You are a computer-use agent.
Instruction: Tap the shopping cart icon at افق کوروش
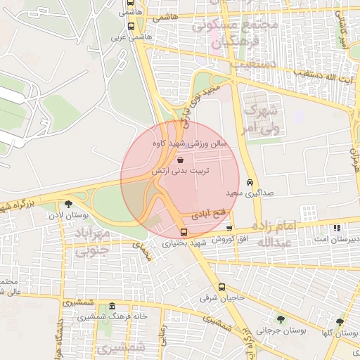pyautogui.click(x=229, y=229)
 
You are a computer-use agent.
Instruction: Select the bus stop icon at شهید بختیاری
pyautogui.click(x=184, y=232)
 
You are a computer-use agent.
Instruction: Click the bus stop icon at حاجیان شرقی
pyautogui.click(x=222, y=287)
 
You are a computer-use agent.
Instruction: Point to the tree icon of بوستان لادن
pyautogui.click(x=68, y=205)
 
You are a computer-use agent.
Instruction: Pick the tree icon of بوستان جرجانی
pyautogui.click(x=281, y=319)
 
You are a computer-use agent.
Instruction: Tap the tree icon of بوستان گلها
pyautogui.click(x=340, y=322)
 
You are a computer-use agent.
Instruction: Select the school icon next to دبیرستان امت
pyautogui.click(x=337, y=229)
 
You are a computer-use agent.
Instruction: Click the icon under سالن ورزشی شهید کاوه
pyautogui.click(x=181, y=158)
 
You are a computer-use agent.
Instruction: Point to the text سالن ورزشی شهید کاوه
pyautogui.click(x=182, y=144)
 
